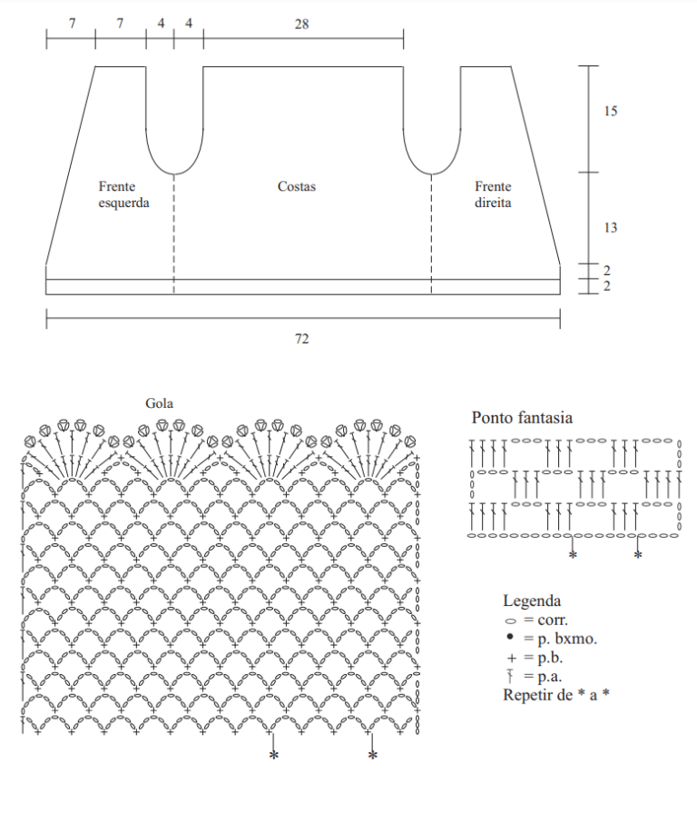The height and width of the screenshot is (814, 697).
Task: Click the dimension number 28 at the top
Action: (302, 24)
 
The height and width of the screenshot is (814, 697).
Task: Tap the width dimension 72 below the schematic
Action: (302, 339)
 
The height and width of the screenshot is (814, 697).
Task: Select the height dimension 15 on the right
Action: (611, 111)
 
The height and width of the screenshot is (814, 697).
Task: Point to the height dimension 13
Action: (611, 227)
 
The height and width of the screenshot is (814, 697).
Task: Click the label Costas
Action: (297, 186)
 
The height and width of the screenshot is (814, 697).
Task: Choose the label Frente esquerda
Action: (124, 194)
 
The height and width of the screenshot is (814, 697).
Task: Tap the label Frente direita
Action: (493, 194)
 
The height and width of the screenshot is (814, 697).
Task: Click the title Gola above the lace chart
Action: (159, 403)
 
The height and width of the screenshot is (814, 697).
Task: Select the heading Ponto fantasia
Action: (522, 417)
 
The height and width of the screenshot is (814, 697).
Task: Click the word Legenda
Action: (532, 601)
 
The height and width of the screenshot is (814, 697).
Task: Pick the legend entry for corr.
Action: (536, 620)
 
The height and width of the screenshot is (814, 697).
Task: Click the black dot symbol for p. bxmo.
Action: (510, 637)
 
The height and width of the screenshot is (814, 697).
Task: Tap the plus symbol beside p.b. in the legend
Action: (512, 659)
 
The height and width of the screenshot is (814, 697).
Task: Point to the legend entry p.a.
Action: (535, 677)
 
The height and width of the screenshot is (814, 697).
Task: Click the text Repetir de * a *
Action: (556, 695)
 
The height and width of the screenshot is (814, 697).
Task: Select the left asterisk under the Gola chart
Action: (274, 755)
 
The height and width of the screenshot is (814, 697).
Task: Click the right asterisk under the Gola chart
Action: (373, 755)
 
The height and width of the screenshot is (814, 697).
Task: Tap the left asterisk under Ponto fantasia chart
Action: (573, 555)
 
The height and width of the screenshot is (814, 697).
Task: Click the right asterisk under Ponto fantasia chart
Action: (638, 555)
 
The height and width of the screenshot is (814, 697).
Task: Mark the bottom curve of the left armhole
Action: (174, 174)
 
